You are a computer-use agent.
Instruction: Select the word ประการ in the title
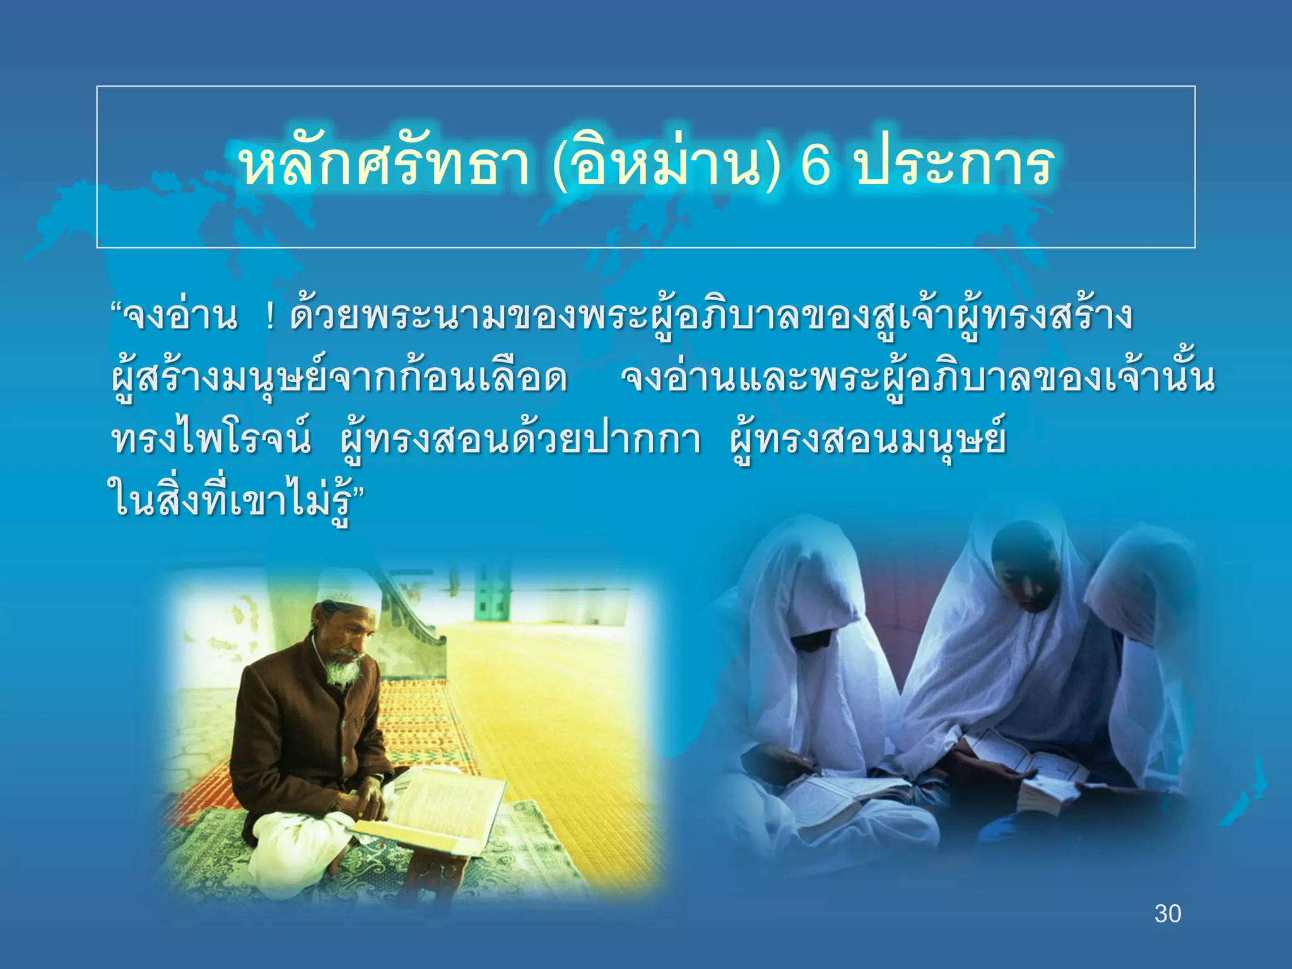pyautogui.click(x=954, y=165)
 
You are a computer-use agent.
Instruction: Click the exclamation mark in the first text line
pyautogui.click(x=271, y=317)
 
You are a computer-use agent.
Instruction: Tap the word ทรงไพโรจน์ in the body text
pyautogui.click(x=211, y=440)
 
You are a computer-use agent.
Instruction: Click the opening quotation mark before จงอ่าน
pyautogui.click(x=116, y=310)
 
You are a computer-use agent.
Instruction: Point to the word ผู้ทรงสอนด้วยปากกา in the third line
pyautogui.click(x=519, y=440)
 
